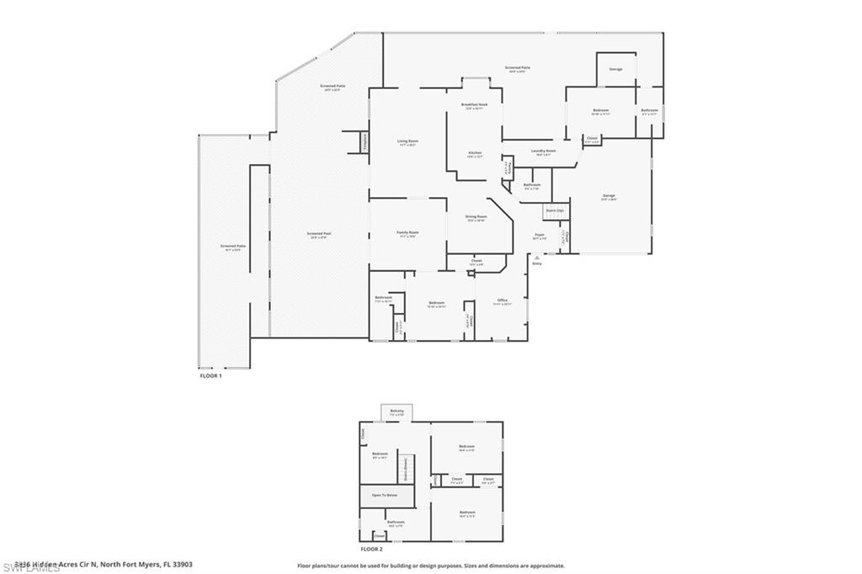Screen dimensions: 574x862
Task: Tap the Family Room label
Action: (x=407, y=233)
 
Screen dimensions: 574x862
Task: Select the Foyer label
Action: (x=540, y=237)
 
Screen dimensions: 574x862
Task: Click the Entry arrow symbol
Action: (x=536, y=258)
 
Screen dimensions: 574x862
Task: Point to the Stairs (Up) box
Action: (x=554, y=210)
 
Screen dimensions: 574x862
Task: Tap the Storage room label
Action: (x=616, y=69)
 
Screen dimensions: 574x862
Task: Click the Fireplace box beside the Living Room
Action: (x=364, y=142)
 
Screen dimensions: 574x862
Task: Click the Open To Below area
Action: (x=387, y=496)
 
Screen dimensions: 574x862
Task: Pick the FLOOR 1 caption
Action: (x=210, y=375)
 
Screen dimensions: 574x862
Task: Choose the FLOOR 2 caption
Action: (x=372, y=548)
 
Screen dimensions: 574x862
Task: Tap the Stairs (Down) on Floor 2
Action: (x=405, y=465)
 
